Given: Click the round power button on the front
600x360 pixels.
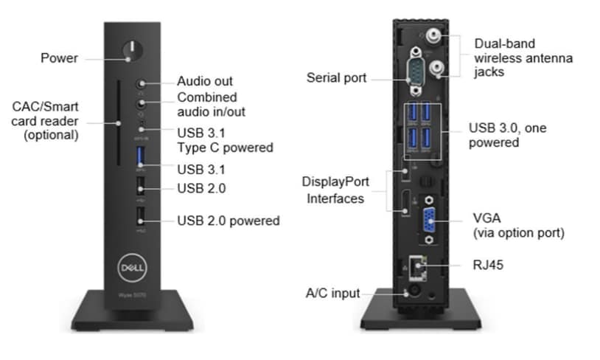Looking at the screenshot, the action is (133, 51).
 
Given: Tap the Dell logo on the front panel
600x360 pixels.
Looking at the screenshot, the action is (132, 268).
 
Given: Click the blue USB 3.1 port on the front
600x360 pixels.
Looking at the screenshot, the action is (141, 157).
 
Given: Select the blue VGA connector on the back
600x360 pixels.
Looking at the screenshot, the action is (429, 221).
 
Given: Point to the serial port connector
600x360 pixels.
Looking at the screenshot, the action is (416, 72).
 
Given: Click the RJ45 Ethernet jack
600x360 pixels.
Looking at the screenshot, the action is (418, 267).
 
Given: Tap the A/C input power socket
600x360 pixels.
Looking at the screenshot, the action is (414, 292).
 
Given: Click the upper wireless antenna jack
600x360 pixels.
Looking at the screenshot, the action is (433, 36).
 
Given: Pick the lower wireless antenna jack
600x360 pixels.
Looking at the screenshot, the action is (436, 68).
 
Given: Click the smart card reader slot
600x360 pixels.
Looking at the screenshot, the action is (119, 122).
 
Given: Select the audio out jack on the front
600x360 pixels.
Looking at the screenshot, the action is (142, 83).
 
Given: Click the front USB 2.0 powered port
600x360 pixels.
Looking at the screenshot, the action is (141, 216).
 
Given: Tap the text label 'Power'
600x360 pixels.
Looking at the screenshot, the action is (59, 58).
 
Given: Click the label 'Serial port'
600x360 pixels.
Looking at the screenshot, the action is (336, 77).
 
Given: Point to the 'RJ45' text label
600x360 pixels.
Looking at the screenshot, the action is (488, 265).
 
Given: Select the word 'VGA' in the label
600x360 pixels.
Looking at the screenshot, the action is (486, 218).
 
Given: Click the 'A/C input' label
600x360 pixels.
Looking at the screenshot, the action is (332, 294).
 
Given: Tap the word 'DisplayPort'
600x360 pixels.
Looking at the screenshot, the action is (335, 181).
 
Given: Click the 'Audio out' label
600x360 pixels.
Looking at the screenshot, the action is (205, 81).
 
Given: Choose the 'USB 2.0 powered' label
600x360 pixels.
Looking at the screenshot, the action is (229, 221).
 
